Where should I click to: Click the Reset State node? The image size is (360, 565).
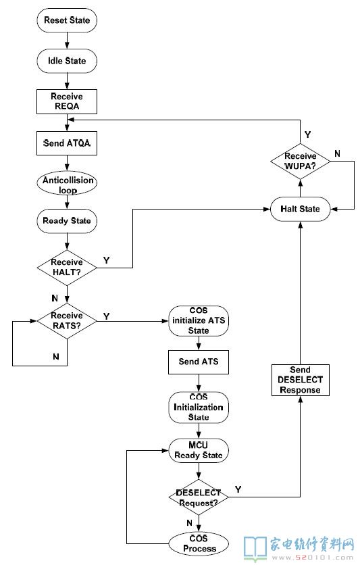(67, 20)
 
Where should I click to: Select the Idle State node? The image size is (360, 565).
(67, 61)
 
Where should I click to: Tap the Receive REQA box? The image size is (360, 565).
(67, 101)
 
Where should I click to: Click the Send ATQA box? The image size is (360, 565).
(67, 143)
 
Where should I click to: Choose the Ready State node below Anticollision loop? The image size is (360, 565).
(67, 221)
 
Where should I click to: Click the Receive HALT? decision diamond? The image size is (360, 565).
(67, 268)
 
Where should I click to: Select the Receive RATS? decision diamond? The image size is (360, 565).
(67, 321)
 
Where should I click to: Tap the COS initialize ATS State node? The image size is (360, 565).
(199, 321)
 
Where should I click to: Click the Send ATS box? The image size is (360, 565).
(199, 362)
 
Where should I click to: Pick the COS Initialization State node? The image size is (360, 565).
(199, 408)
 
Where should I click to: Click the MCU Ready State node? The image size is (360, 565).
(199, 450)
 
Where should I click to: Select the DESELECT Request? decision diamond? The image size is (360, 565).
(199, 497)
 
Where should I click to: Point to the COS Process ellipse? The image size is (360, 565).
(199, 544)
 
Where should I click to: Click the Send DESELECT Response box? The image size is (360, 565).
(301, 380)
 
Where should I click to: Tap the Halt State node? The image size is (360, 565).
(301, 209)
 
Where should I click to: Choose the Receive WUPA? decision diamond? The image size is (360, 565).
(301, 161)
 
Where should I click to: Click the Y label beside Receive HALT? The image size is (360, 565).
(106, 260)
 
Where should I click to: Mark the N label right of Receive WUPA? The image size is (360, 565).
(337, 153)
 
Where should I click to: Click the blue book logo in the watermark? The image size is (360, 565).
(255, 547)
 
